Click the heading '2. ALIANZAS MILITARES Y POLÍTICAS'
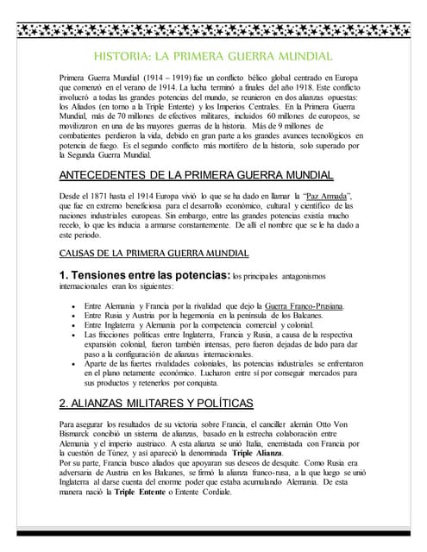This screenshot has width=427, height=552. (x=156, y=403)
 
